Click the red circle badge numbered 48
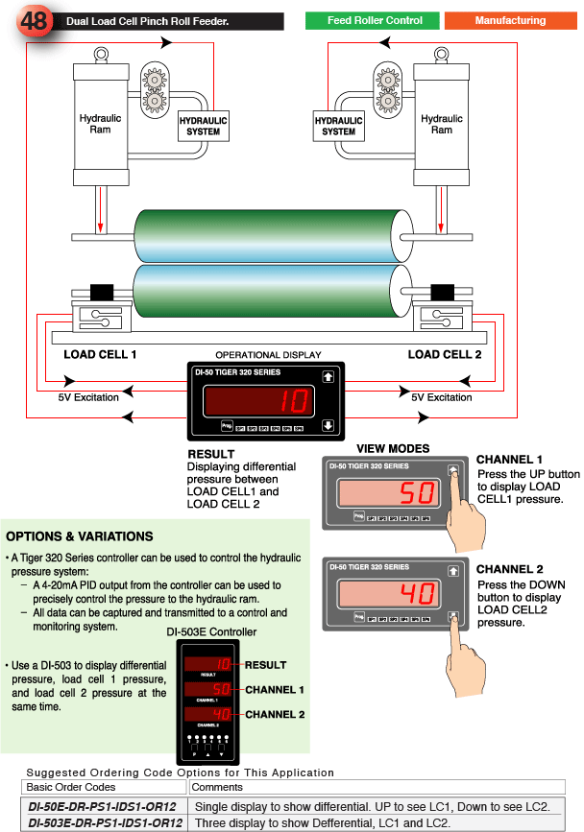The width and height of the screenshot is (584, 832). (34, 20)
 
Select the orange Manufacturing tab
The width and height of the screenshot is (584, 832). (509, 20)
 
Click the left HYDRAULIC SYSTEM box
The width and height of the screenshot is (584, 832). (204, 126)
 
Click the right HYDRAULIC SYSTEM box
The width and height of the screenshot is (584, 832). (338, 126)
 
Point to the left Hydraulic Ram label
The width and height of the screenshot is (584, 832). (100, 124)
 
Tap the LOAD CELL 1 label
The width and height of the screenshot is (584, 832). (100, 355)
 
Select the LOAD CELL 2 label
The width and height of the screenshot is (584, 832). (445, 355)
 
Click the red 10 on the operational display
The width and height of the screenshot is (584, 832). (295, 400)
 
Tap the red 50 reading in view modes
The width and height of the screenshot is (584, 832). (417, 494)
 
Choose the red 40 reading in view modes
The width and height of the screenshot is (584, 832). (417, 594)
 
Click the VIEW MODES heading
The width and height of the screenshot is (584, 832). (393, 449)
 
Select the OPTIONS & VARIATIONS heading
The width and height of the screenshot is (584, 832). (79, 536)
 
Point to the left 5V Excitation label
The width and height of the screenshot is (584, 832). (89, 397)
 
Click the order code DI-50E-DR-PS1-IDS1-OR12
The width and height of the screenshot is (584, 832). (102, 806)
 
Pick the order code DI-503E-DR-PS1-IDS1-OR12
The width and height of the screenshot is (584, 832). (105, 822)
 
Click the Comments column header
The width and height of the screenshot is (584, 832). (217, 788)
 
